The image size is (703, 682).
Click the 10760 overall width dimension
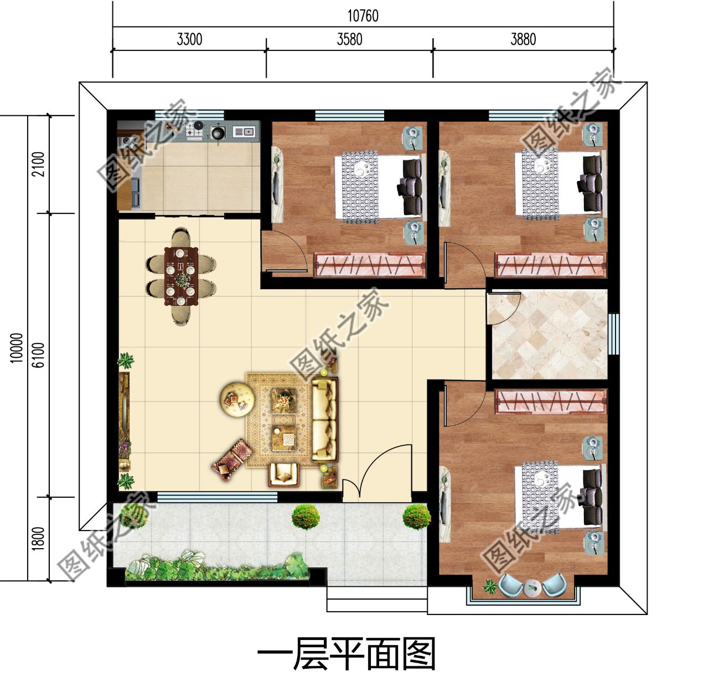(x=363, y=16)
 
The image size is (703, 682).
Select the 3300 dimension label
(x=189, y=40)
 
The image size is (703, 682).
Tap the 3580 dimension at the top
(x=349, y=40)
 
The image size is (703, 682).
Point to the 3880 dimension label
(x=523, y=40)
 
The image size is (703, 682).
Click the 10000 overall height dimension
(x=17, y=347)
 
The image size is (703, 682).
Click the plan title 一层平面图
(x=347, y=654)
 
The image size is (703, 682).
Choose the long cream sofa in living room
(x=324, y=419)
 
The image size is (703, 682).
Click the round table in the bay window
(x=532, y=587)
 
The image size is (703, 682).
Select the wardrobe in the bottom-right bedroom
(x=550, y=401)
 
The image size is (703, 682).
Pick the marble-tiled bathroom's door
(x=503, y=308)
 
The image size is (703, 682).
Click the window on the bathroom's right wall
(x=613, y=334)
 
